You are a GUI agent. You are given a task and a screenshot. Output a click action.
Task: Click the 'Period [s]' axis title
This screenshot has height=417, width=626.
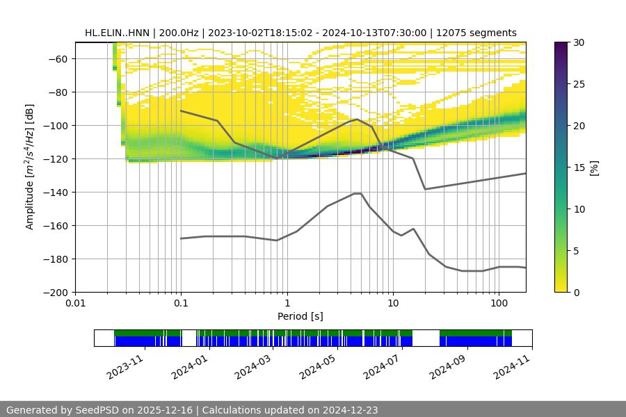point(300,316)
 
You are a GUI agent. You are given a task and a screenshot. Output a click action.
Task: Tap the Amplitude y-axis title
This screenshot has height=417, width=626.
point(30,167)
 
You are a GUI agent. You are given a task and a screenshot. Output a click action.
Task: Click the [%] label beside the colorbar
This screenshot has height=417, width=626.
point(595,167)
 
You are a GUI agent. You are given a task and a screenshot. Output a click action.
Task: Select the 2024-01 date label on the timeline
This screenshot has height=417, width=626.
point(188,363)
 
